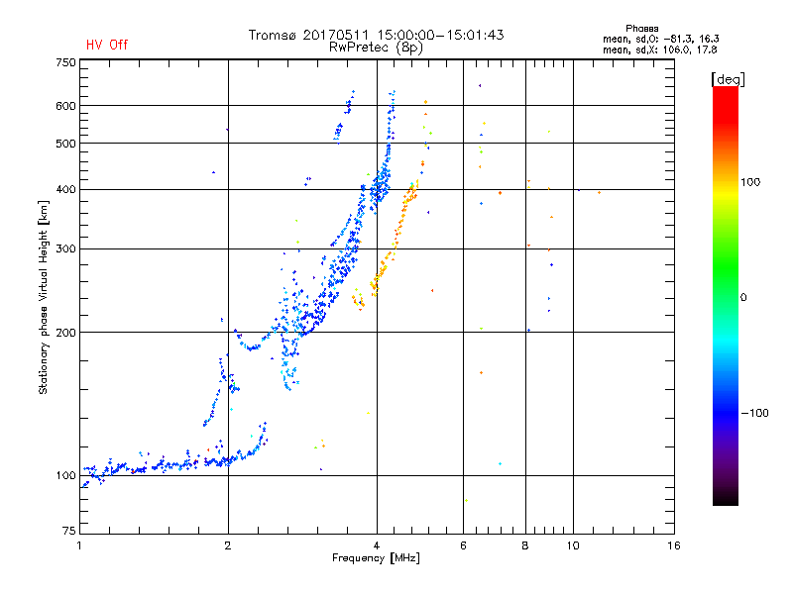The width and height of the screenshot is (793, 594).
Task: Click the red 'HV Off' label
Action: [106, 45]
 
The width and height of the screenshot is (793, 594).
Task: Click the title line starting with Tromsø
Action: [376, 35]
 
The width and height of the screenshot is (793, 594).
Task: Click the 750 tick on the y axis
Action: [65, 61]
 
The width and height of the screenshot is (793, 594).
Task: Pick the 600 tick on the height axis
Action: [65, 106]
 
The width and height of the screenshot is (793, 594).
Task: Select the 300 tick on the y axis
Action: [65, 249]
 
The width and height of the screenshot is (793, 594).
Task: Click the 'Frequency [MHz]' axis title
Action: [376, 559]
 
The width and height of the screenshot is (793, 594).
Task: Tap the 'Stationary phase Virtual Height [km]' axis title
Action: [44, 297]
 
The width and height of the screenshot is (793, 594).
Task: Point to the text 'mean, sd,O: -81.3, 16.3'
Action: [659, 39]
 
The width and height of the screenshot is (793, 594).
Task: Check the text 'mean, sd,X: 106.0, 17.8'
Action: [659, 49]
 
